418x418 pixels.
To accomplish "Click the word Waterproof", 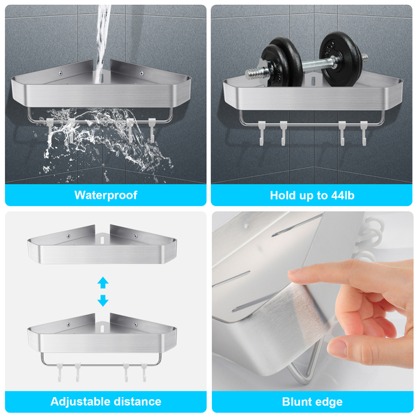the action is pos(106,195).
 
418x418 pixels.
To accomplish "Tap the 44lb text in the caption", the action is pos(343,195).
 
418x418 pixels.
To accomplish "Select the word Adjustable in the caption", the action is pos(79,402).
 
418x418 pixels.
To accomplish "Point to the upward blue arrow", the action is pos(103,283).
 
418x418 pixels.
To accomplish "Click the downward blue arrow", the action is pos(103,300).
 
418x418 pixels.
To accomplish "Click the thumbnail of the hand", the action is pos(336,348).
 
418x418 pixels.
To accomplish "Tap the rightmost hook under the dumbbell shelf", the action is pos(364,133).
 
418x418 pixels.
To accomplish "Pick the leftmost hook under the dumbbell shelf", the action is pos(262,133).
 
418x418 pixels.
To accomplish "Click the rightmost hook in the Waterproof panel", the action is pos(152,130).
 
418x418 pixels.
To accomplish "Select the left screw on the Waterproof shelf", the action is pos(61,73).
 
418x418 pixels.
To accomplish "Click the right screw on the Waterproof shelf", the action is pos(141,73).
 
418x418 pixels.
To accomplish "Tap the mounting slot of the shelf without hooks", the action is pos(102,240).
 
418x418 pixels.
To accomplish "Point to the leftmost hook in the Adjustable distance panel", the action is pos(59,371).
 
